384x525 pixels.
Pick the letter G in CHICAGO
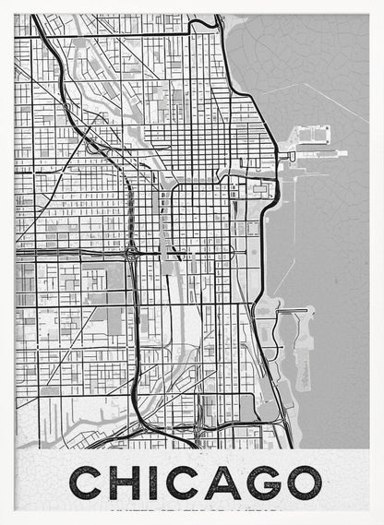pyautogui.click(x=259, y=483)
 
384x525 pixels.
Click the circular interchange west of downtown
pyautogui.click(x=132, y=251)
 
